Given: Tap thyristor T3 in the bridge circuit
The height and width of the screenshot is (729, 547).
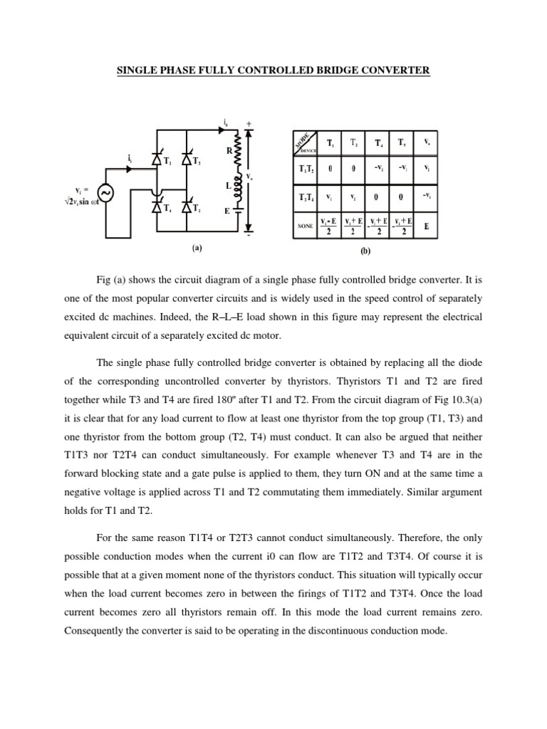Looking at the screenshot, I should point(187,161).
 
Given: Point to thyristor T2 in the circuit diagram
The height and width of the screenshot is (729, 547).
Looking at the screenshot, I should point(187,208).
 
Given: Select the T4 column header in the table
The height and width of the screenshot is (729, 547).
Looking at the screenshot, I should point(377,142).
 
